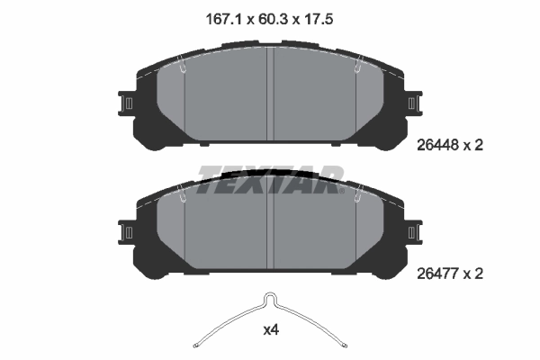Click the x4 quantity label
(270, 330)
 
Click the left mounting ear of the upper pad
(127, 103)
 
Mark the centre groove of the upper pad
(271, 94)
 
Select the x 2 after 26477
(477, 273)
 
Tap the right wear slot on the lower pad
(357, 193)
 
